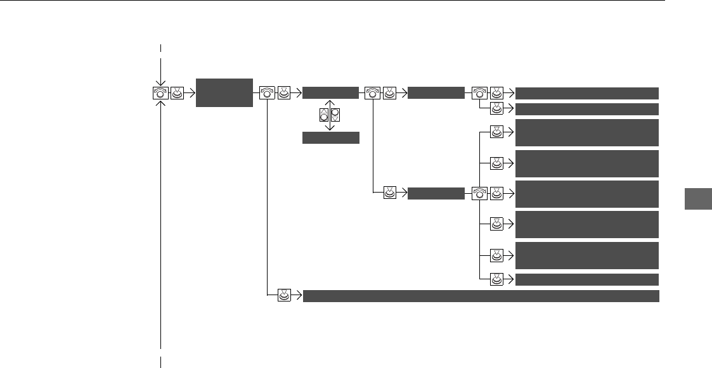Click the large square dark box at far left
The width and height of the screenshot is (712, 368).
coord(224,93)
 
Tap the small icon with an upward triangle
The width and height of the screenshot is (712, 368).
coord(324,115)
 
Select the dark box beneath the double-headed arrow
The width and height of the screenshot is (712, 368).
coord(331,138)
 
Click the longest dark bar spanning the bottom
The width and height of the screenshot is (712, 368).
coord(481,296)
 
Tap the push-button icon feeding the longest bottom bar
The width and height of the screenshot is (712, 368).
coord(284,296)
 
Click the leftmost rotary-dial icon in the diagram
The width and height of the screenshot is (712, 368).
coord(161,93)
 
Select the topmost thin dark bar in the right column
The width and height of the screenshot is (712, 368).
coord(587,93)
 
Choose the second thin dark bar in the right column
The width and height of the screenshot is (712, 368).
coord(587,109)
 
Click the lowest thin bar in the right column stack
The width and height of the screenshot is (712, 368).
coord(587,279)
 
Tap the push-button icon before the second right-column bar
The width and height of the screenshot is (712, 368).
coord(498,109)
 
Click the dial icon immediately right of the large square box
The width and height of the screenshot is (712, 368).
coord(267,93)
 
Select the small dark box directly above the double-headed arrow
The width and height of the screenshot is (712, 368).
coord(331,93)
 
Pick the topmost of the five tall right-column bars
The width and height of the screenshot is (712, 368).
coord(587,132)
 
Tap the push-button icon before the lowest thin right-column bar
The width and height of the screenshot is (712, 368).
coord(498,279)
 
